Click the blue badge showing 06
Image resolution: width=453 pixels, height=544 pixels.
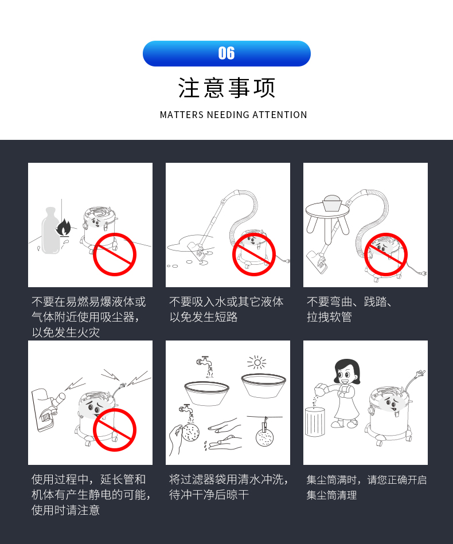coord(226,53)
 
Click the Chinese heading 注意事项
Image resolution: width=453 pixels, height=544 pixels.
coord(226,88)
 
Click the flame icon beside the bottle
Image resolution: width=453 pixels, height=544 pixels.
coord(64,228)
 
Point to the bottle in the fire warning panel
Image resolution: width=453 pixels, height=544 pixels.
coord(50,230)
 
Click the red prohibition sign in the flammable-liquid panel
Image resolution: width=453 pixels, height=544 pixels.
coord(115,255)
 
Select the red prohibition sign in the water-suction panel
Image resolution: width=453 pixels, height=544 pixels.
coord(254,255)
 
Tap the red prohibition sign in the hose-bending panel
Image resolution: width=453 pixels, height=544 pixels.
coord(385,255)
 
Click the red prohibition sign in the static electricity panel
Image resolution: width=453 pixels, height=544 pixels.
coord(115,430)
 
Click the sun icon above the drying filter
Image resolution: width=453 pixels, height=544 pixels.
coord(257,363)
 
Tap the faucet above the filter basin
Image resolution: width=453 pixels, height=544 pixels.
coord(204,361)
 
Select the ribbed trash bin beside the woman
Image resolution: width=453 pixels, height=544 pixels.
coord(315,422)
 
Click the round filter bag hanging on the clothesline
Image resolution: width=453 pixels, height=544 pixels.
coord(265,437)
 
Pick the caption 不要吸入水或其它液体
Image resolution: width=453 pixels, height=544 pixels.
coord(226,302)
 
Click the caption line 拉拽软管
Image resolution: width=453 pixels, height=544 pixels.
coord(329,317)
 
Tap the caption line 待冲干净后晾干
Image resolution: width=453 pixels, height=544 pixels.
coord(209,495)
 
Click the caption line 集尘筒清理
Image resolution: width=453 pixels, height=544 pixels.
coord(332,495)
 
